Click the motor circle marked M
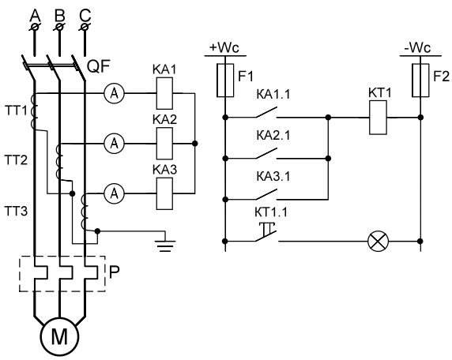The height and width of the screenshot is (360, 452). (60, 336)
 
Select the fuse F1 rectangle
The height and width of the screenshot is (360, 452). (225, 81)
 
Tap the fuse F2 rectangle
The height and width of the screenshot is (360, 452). (420, 81)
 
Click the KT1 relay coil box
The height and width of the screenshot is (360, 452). (378, 117)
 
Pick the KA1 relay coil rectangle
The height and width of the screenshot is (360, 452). (164, 93)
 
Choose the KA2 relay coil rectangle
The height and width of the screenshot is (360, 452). (164, 144)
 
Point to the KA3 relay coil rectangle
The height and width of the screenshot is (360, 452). (164, 193)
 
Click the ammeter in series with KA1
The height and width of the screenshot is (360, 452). (114, 93)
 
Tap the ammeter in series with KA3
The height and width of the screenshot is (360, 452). (114, 193)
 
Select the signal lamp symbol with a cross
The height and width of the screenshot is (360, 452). (379, 241)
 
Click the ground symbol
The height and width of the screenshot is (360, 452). (165, 245)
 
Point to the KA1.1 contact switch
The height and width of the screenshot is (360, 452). (266, 113)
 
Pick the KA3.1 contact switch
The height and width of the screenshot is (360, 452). (266, 194)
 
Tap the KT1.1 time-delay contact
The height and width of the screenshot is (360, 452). (266, 232)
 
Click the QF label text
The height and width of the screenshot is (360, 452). (99, 67)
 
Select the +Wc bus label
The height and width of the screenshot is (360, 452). (224, 47)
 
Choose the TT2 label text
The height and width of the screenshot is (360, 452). (17, 159)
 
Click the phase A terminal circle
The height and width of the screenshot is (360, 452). (35, 27)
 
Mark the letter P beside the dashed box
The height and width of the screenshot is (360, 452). (115, 272)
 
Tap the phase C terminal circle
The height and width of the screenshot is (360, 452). (85, 27)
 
